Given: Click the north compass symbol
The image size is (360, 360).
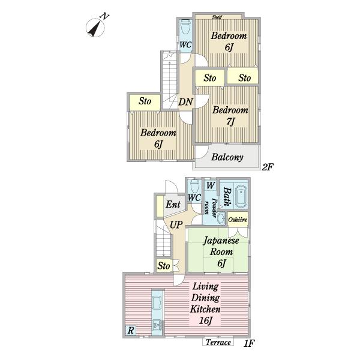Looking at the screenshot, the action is click(96, 26).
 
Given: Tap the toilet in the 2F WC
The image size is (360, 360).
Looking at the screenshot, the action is click(185, 28).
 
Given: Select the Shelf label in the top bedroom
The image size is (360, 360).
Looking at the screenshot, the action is click(217, 17).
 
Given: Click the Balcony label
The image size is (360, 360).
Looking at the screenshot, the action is click(227, 157).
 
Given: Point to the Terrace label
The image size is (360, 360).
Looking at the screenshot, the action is click(218, 343).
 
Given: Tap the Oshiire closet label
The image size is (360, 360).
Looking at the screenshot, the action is click(238, 220).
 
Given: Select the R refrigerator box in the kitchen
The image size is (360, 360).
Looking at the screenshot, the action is click(131, 331).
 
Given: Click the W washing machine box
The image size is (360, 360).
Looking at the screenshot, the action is click(211, 185).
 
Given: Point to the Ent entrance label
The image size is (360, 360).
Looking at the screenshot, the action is click(173, 204).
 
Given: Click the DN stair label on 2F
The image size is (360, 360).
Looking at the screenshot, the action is click(186, 101).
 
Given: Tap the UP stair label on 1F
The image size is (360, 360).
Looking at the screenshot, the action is click(176, 225).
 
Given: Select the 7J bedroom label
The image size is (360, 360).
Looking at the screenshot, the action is click(230, 121).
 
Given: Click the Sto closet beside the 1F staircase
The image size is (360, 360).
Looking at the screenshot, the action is click(164, 266).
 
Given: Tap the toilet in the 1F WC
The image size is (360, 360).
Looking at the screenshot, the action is click(194, 187).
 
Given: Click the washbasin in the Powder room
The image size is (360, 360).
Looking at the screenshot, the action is click(221, 218).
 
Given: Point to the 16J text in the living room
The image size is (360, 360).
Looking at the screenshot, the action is click(205, 320).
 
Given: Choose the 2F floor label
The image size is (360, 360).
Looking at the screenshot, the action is click(268, 167).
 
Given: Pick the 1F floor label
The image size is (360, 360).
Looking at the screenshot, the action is click(249, 343).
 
